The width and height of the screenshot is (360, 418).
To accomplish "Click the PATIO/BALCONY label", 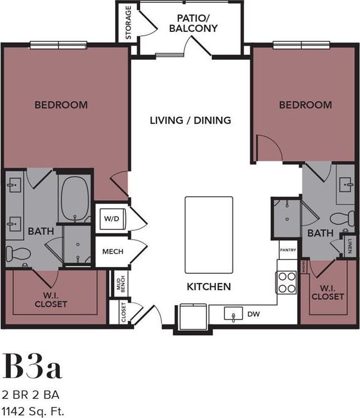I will coord(193,23).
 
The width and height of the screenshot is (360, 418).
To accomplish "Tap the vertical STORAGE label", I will coord(129,23).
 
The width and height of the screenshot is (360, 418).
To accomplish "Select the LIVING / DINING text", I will coord(190,120).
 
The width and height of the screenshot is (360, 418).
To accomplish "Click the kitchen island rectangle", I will coord(208,235).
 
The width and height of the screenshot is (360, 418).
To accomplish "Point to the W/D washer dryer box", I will coord(111,217).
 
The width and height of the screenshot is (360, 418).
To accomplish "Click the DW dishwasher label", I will coord(253,314).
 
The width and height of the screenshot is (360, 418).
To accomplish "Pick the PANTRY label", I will coord(288,249).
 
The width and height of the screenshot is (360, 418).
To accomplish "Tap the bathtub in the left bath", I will coord(75,200).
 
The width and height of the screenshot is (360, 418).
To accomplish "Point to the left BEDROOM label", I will coord(61,105).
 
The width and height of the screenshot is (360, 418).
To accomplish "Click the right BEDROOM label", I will coord(305,105).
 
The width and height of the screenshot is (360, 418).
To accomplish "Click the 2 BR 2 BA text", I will coord(31,395).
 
